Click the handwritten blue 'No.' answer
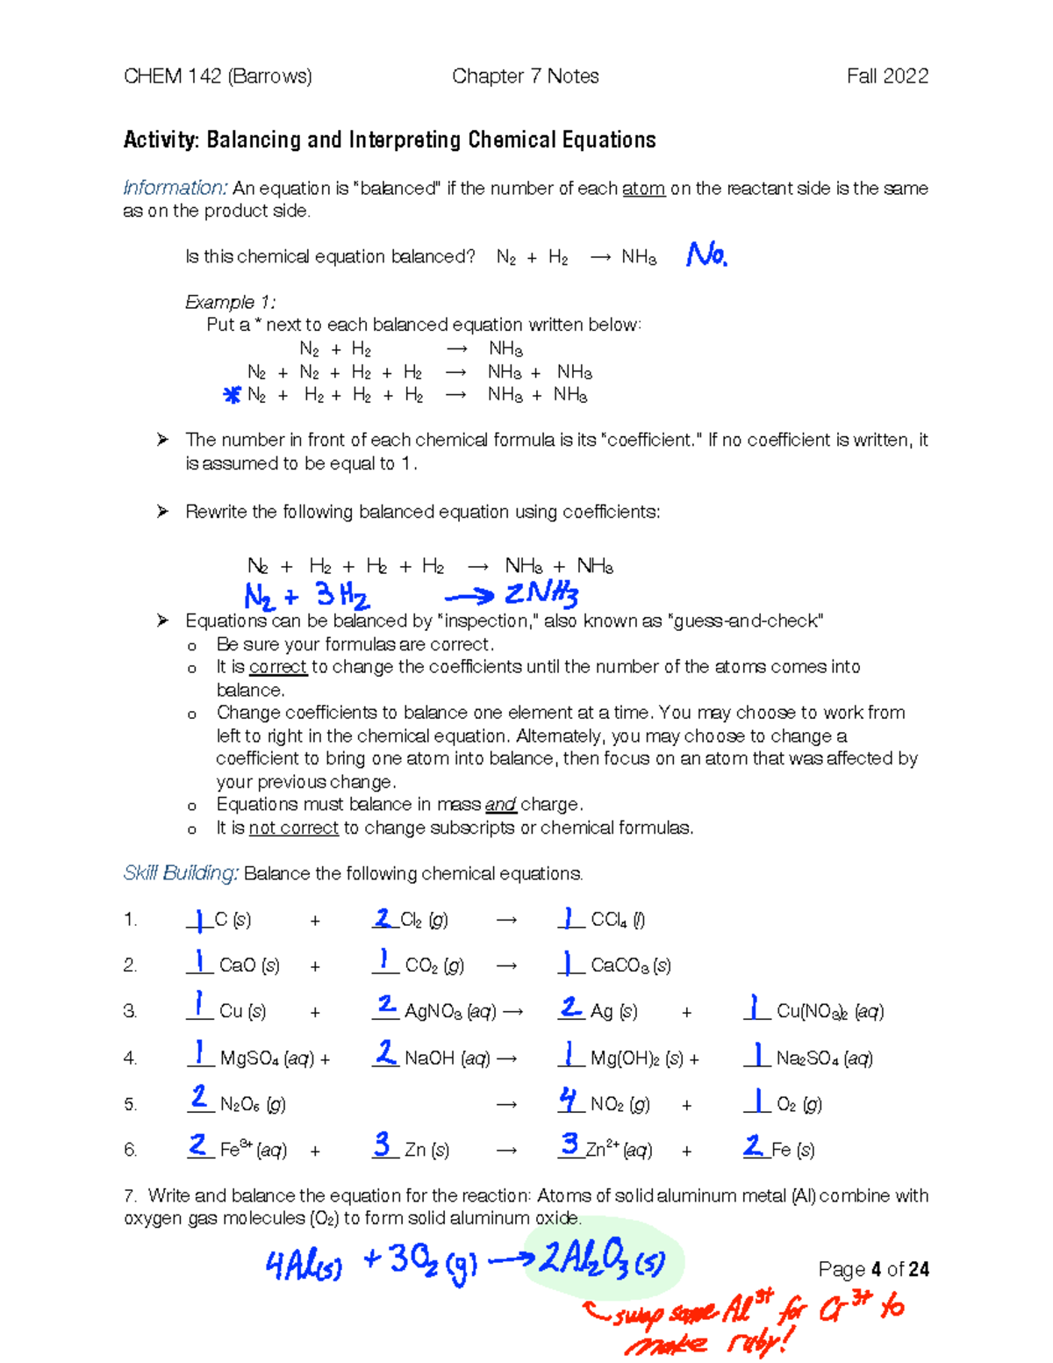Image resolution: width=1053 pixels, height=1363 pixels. pos(706,255)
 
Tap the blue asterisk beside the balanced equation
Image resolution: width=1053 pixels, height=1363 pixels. pos(232,396)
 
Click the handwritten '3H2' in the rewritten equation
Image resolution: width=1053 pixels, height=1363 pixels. pos(342,597)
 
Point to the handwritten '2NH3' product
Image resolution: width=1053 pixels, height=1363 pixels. pos(541,595)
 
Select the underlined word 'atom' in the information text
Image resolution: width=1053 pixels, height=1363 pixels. pos(643,189)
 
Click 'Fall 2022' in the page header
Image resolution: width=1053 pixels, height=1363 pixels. pos(887,76)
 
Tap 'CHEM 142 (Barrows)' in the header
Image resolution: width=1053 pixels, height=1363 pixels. pos(218,76)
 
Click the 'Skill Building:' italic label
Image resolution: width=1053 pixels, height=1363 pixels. pos(181,873)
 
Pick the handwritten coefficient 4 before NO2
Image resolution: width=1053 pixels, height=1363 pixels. pos(569,1099)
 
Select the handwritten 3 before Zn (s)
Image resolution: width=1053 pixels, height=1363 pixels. pos(383,1144)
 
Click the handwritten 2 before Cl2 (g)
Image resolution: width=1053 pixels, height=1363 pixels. pos(383,918)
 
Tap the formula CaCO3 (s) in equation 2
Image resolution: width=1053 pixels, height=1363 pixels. pos(630,965)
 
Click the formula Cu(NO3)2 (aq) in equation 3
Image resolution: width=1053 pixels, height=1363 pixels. pos(829,1011)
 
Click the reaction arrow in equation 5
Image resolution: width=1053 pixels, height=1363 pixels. pos(506,1104)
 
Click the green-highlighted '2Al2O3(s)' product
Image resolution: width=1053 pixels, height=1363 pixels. pos(602,1261)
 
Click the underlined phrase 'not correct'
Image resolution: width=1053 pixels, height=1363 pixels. pos(293,828)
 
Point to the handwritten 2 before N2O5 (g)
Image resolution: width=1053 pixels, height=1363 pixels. pos(199,1097)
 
